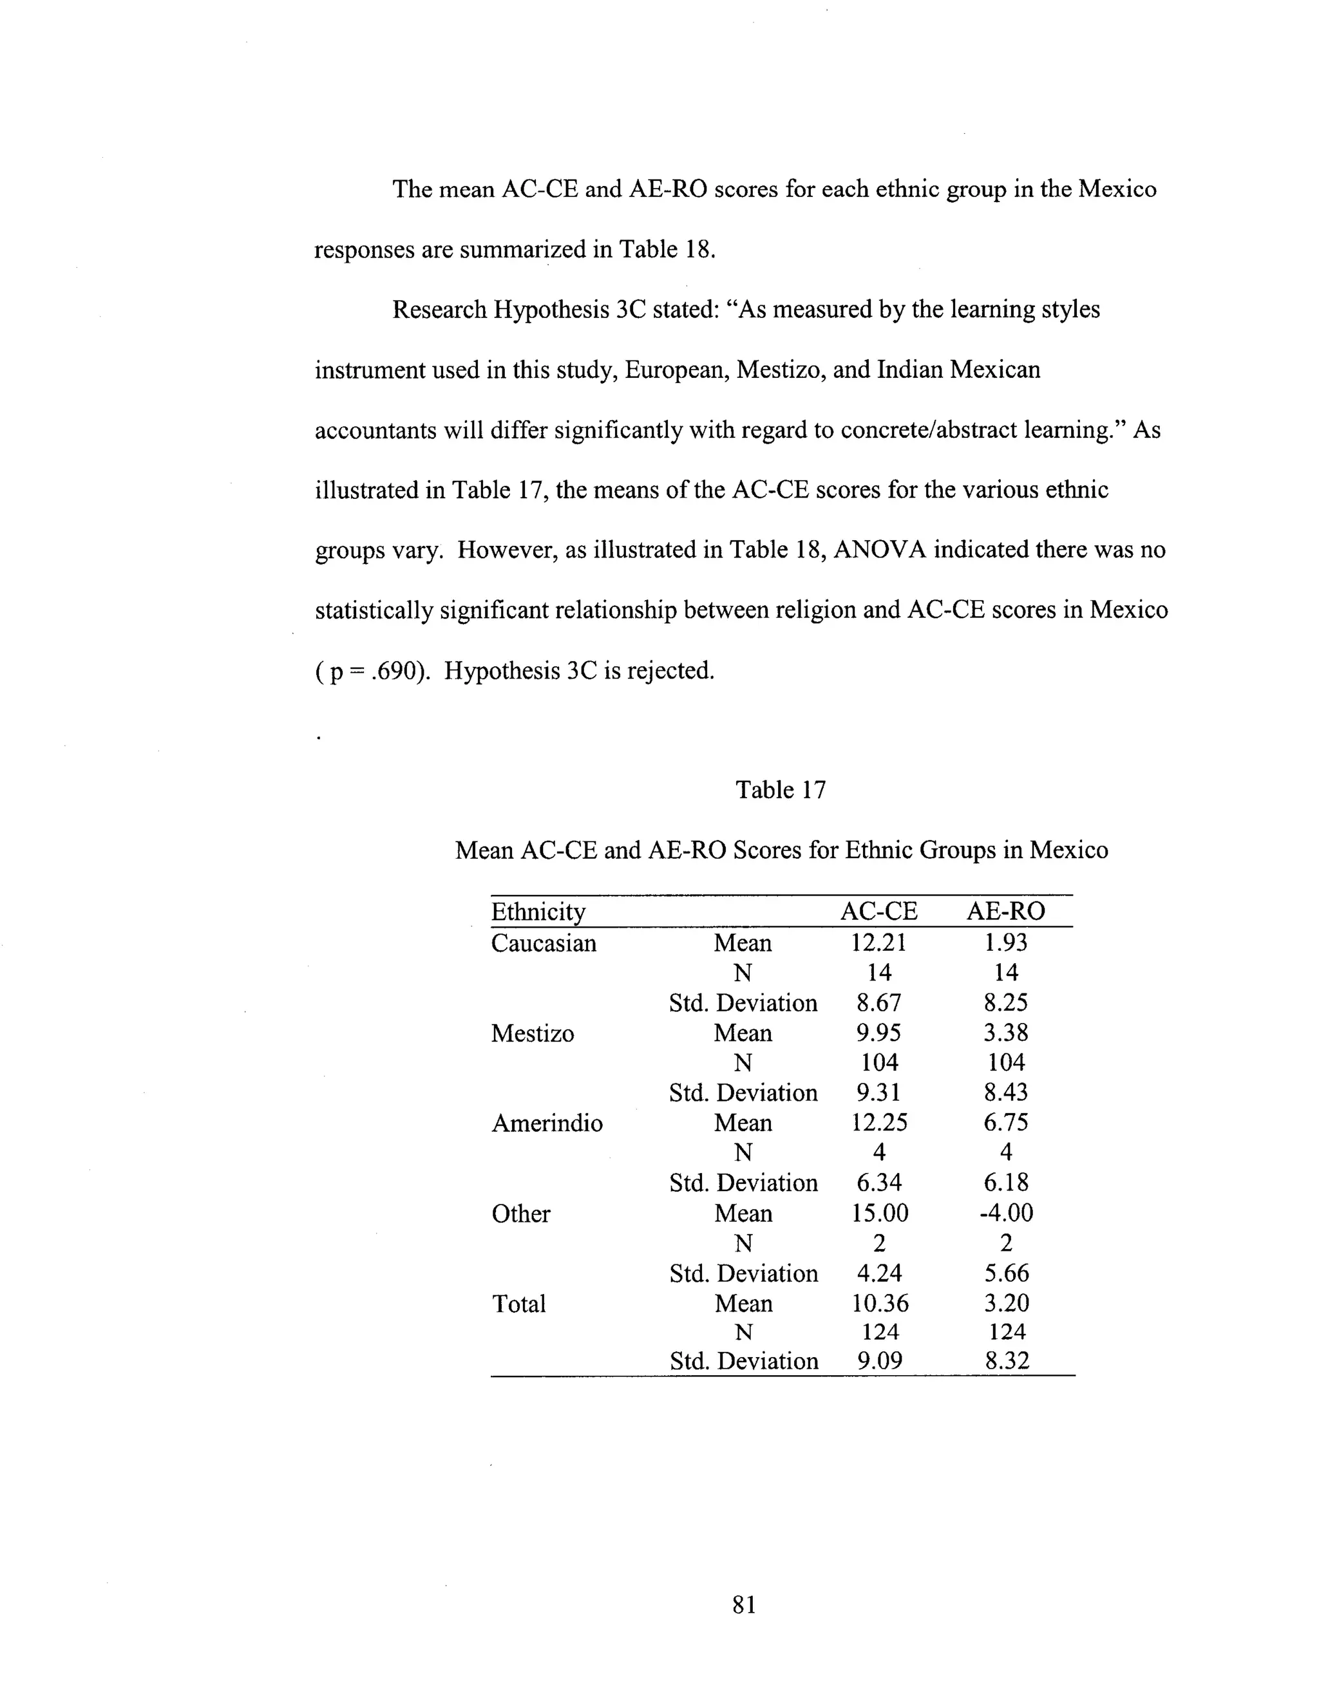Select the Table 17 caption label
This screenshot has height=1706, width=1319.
[x=780, y=790]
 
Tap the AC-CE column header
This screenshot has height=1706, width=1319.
[x=878, y=912]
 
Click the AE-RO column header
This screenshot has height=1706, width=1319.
[x=1005, y=912]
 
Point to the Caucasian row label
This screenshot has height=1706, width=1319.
[x=543, y=944]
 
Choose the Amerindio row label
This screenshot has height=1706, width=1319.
[x=547, y=1124]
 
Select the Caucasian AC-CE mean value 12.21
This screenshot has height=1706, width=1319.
[x=878, y=943]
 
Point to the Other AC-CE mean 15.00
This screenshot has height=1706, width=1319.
[x=880, y=1213]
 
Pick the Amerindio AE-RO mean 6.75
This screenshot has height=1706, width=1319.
[x=1005, y=1123]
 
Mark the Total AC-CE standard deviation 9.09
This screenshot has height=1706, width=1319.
[x=879, y=1362]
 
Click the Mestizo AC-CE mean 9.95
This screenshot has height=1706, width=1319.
[x=878, y=1033]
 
